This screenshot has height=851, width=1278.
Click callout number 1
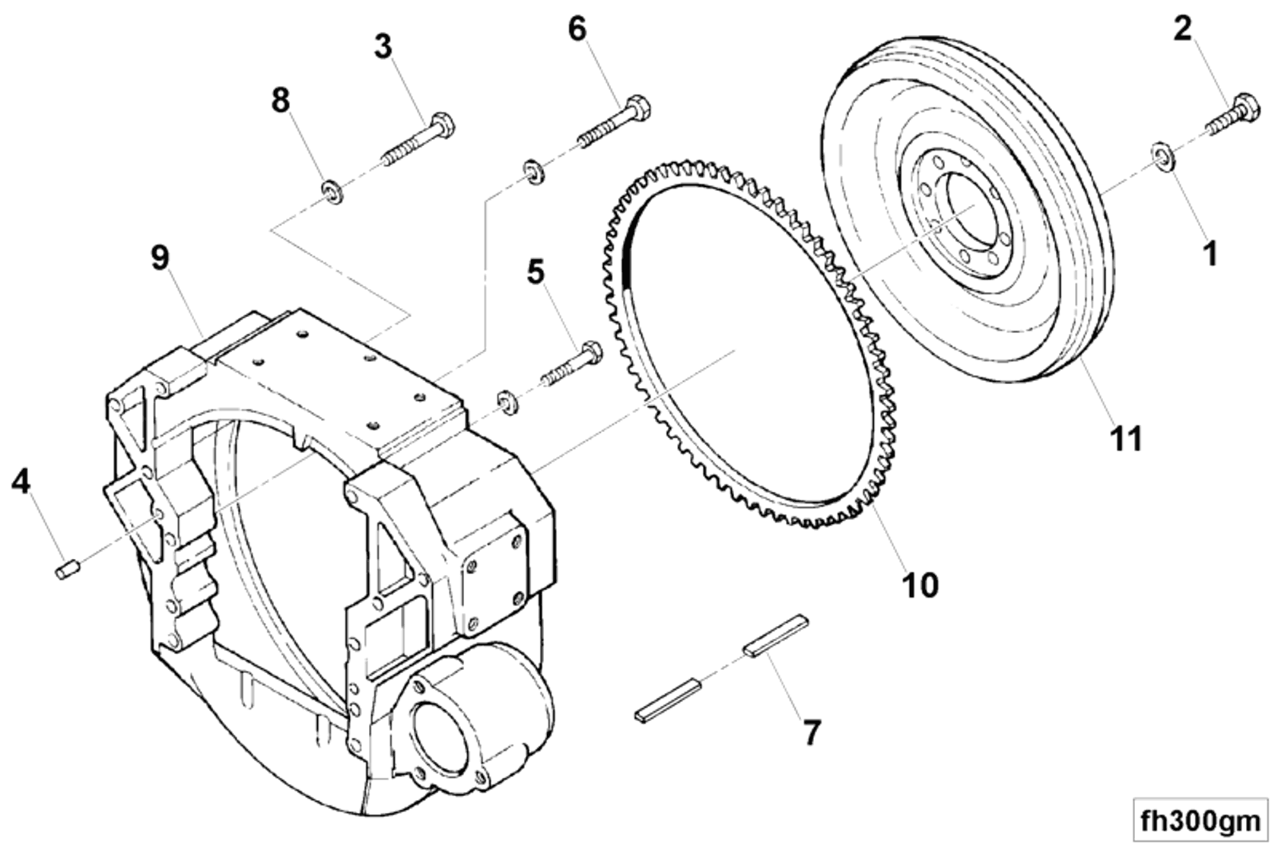(x=1210, y=252)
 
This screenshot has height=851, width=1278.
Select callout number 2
(x=1182, y=29)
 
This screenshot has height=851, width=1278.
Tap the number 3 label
(x=383, y=46)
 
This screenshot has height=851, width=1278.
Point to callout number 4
(x=21, y=481)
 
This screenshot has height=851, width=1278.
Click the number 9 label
(x=159, y=258)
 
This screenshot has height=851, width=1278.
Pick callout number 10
(x=920, y=584)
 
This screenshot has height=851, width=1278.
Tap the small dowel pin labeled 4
(x=68, y=568)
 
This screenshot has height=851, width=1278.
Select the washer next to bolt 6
(x=532, y=171)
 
